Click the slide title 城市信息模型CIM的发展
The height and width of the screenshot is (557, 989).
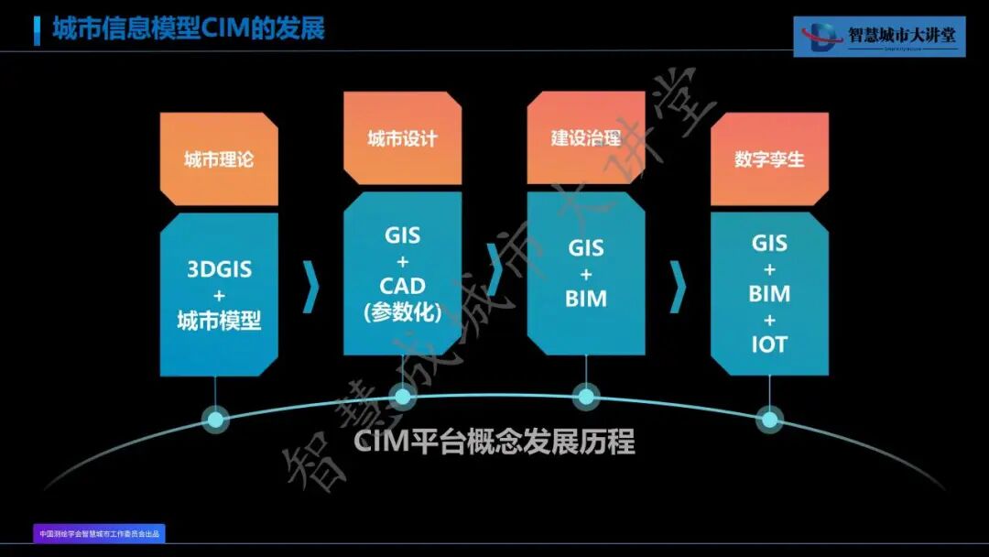pos(189,29)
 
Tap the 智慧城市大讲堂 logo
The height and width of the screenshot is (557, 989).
pos(879,37)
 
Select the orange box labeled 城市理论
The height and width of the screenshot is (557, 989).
pos(219,158)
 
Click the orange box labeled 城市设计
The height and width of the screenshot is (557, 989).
pos(402,138)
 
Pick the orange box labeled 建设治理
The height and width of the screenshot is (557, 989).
pos(586,138)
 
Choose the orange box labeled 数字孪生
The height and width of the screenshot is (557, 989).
pos(769,158)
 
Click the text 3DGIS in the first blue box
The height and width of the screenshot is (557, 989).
pos(219,270)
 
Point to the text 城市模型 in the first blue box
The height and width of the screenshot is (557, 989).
pos(219,321)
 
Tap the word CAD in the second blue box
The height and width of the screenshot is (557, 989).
pos(403,286)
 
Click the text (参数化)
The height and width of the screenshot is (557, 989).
pos(403,311)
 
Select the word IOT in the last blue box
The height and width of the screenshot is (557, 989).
pos(769,345)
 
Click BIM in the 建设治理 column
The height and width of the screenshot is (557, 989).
pos(586,299)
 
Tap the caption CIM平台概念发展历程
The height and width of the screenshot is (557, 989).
pos(494,442)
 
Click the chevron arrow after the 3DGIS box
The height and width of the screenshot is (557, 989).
pos(311,286)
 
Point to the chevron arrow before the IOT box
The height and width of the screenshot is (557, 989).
pos(678,286)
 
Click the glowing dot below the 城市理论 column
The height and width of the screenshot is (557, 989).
pos(215,420)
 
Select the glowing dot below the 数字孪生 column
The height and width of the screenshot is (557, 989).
pos(770,420)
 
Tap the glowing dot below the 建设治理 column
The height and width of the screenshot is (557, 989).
pos(585,397)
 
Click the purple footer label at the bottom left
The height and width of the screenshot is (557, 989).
pos(100,533)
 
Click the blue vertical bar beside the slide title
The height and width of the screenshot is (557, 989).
pos(37,29)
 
